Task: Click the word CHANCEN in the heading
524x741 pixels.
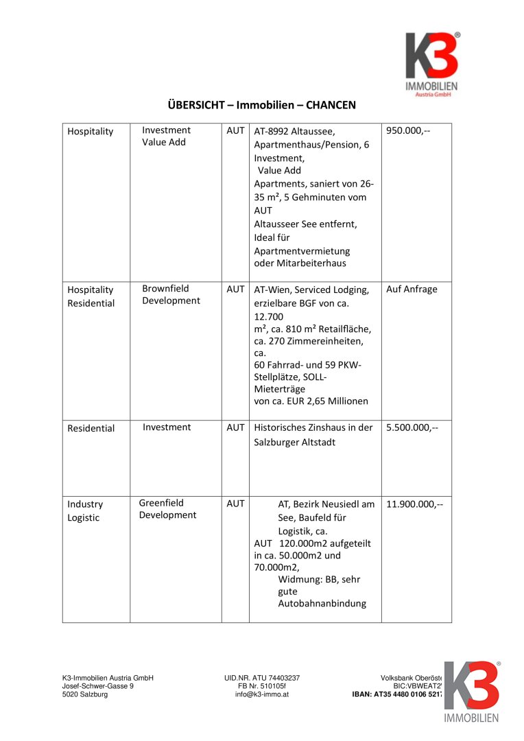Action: click(x=331, y=105)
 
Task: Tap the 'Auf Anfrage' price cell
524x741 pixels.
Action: click(x=412, y=289)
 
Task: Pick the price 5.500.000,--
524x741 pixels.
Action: click(x=412, y=427)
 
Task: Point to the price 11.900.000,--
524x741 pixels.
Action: click(x=414, y=504)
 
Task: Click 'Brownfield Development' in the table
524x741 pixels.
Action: click(x=171, y=294)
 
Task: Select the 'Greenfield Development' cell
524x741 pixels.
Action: click(x=167, y=508)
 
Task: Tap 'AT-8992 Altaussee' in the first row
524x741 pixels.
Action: click(x=294, y=131)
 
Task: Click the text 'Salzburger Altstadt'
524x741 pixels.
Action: click(x=295, y=443)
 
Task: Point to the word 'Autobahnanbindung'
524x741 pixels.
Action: click(x=322, y=604)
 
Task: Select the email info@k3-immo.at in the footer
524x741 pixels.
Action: click(x=261, y=694)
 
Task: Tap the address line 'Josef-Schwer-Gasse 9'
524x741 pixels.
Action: click(x=98, y=686)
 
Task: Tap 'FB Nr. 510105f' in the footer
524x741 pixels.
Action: click(x=261, y=686)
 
